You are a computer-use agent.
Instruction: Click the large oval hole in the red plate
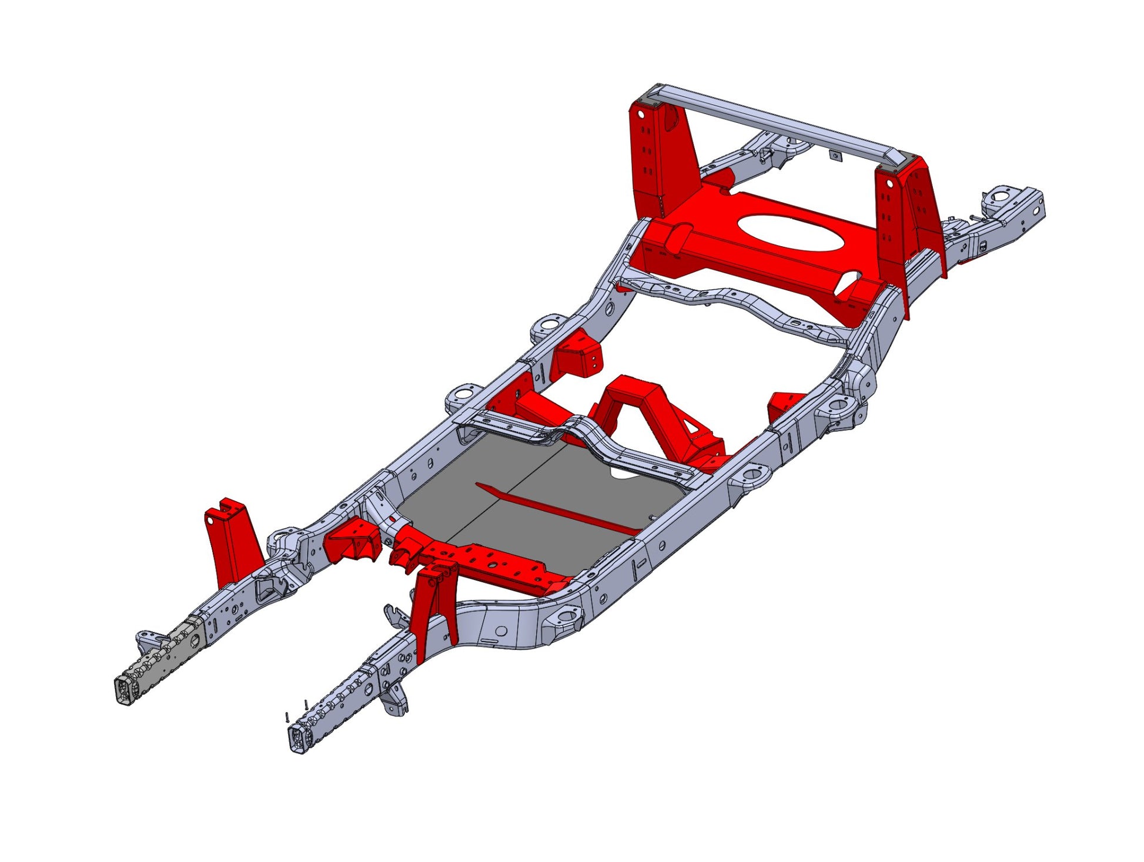791,233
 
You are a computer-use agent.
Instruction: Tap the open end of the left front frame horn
126,690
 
